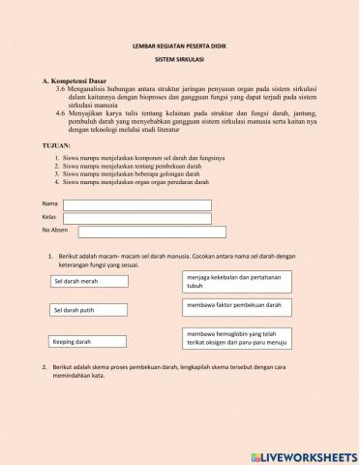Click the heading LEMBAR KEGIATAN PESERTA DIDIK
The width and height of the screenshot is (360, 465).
point(178,46)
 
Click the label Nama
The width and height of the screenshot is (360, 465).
point(49,204)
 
